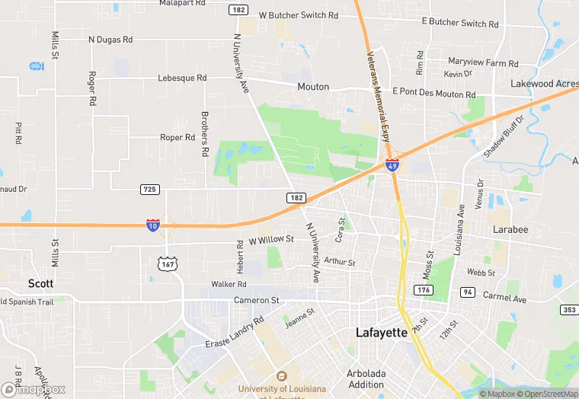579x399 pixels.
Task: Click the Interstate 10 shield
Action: click(x=153, y=225)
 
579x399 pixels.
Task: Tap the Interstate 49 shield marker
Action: click(x=392, y=165)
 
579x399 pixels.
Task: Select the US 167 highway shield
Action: click(x=165, y=263)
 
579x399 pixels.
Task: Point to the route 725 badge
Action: click(x=150, y=189)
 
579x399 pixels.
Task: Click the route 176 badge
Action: click(x=424, y=290)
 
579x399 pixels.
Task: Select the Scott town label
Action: click(x=40, y=283)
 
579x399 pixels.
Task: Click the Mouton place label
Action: click(x=313, y=87)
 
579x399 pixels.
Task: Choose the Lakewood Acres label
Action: click(x=543, y=83)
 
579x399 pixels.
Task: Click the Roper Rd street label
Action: click(x=178, y=138)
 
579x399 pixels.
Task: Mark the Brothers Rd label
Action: click(x=204, y=135)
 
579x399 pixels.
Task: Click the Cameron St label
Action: click(x=257, y=300)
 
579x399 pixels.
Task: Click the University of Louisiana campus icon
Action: click(x=282, y=376)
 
